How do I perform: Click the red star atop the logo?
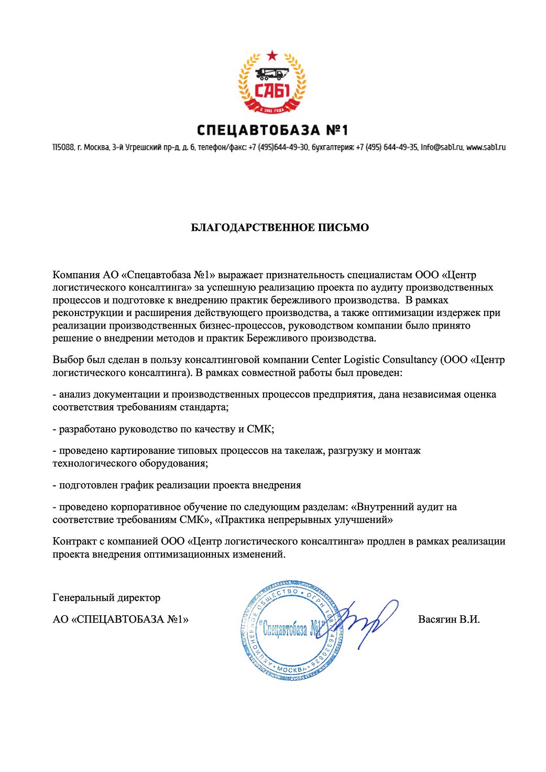271,55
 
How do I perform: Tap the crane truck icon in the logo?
271,74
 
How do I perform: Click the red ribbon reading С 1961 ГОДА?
271,109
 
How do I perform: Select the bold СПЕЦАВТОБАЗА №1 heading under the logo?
272,130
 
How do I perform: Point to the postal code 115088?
63,148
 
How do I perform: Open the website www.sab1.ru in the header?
486,148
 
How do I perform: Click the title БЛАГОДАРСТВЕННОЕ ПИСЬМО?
279,227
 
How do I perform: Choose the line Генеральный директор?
106,597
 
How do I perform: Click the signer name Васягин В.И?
449,619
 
